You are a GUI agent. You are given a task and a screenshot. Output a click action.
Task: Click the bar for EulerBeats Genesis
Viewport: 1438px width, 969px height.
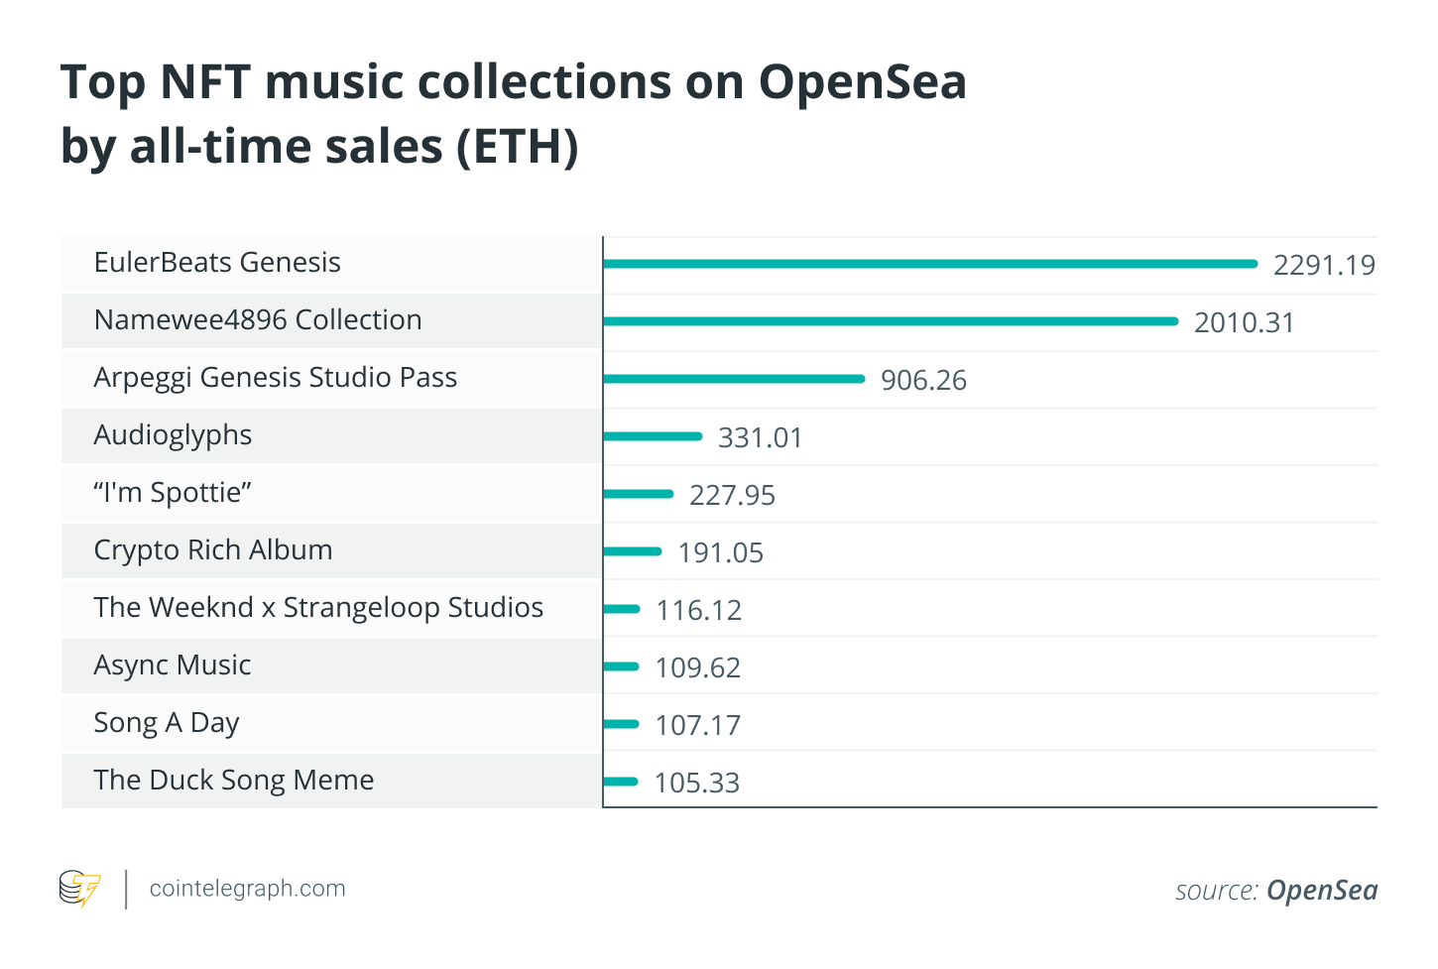pos(930,264)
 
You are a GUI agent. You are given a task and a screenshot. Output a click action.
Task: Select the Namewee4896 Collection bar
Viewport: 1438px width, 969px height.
pos(891,321)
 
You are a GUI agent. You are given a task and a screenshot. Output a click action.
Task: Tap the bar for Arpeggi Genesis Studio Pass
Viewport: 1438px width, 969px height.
pos(734,379)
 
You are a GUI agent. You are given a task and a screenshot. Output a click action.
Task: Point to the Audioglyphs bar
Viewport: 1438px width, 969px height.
pos(653,436)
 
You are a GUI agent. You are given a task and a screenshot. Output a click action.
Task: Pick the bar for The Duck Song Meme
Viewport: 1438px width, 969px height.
pos(621,782)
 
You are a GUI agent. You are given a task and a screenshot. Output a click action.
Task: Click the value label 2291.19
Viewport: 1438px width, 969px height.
pos(1324,266)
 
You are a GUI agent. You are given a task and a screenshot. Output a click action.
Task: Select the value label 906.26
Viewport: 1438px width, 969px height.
pos(923,381)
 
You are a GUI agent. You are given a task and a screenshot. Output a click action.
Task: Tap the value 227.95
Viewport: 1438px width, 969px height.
pos(732,496)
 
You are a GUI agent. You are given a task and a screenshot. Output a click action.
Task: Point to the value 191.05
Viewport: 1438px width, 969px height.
pos(720,553)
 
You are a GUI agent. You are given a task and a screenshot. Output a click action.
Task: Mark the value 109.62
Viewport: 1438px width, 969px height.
pos(697,668)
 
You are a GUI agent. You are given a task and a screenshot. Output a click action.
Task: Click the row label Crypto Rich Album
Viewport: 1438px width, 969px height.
pos(213,550)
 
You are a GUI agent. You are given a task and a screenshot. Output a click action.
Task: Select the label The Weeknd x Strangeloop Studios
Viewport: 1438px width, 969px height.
pos(318,608)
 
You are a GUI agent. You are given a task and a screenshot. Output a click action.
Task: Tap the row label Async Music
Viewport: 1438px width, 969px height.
pos(173,666)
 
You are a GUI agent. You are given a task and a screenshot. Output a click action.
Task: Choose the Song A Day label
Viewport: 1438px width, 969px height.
pos(167,723)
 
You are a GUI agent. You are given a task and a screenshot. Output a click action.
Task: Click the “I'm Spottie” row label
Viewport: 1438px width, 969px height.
pos(173,493)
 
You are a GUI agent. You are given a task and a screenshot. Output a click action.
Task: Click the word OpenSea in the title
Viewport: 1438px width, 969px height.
pos(862,82)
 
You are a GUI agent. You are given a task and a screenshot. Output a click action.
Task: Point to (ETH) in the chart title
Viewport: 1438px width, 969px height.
pos(517,148)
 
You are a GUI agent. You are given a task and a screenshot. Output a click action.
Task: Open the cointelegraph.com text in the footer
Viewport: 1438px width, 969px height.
pos(247,889)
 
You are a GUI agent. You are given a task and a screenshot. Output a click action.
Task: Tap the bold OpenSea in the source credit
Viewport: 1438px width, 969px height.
pos(1322,891)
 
